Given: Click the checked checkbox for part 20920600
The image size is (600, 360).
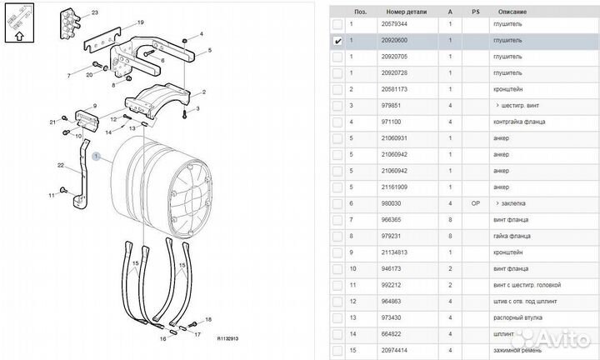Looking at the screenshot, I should (337, 40).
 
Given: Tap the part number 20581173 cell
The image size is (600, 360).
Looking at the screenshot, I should (394, 89).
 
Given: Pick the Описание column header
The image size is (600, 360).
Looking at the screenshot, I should (512, 12).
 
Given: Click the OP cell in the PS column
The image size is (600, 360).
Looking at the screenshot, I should (476, 202).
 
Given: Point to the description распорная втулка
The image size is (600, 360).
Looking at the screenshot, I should (517, 316).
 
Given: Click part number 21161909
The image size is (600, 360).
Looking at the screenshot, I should (394, 186).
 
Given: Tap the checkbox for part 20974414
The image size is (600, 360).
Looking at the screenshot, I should (337, 348).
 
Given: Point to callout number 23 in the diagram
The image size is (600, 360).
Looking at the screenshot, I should (94, 13).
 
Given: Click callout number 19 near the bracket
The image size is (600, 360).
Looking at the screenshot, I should (141, 22).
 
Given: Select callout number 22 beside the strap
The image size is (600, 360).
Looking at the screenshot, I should (61, 165).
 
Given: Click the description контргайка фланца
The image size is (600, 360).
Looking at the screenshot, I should (517, 122).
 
